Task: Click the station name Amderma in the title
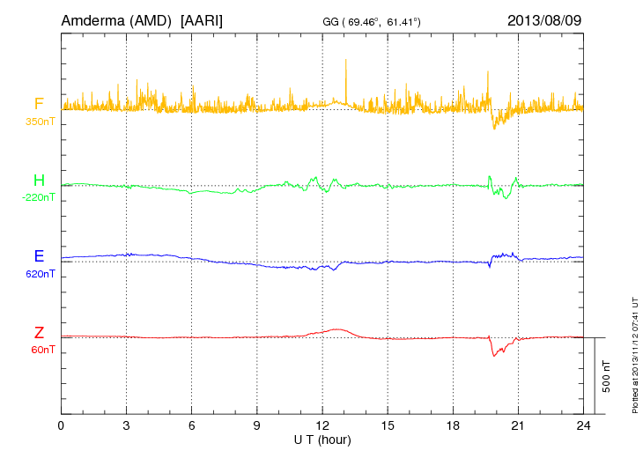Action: (91, 19)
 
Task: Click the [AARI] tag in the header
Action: (201, 19)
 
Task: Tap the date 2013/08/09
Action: (544, 19)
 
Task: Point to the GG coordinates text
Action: (372, 20)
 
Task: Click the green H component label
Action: (39, 181)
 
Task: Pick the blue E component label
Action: (39, 256)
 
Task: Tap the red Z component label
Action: (39, 333)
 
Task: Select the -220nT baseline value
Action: (40, 197)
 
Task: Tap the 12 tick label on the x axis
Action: (322, 425)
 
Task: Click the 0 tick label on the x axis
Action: (61, 425)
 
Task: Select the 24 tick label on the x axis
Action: (583, 425)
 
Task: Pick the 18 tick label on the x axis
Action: (453, 425)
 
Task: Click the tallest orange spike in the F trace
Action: (346, 60)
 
